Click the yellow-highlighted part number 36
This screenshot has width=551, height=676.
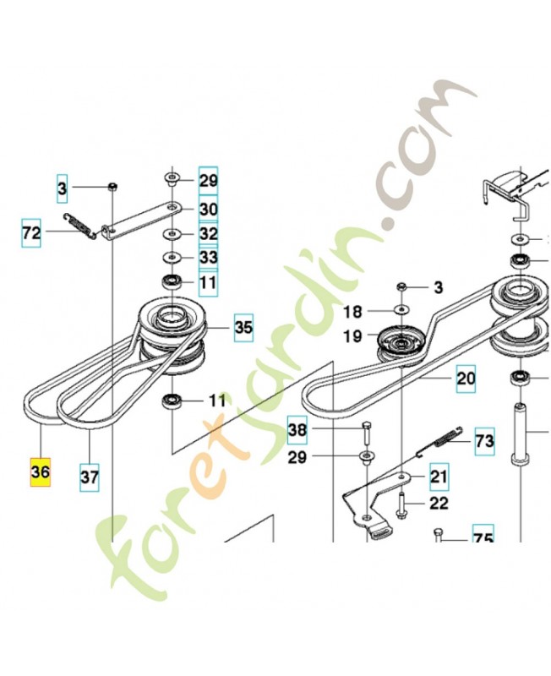[x=40, y=474]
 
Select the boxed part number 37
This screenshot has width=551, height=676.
[x=90, y=477]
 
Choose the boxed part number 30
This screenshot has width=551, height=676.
[x=208, y=209]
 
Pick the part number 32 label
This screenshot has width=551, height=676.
[x=208, y=233]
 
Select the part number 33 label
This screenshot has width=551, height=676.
[x=208, y=256]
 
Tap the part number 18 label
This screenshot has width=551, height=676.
[x=353, y=312]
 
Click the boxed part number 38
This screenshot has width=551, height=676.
[x=297, y=430]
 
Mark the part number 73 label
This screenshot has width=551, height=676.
[x=484, y=440]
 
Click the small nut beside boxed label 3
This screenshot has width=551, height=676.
[x=112, y=186]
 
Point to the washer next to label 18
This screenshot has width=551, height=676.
[x=401, y=312]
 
